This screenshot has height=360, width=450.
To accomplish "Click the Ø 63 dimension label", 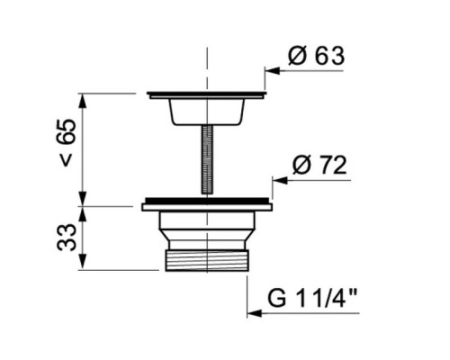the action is [316, 56].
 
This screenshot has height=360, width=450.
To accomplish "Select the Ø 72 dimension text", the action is [319, 166].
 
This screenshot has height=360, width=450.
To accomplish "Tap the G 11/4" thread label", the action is [312, 298].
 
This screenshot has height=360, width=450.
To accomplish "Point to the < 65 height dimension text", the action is [67, 142].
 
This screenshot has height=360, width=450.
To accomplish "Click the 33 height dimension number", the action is [67, 237].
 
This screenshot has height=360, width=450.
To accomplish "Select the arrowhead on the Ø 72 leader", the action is [280, 181].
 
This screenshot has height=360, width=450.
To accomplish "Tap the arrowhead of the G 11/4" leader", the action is [255, 313].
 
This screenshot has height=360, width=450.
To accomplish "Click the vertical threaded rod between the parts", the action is [207, 159].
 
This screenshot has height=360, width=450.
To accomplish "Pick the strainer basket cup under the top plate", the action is [207, 112].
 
